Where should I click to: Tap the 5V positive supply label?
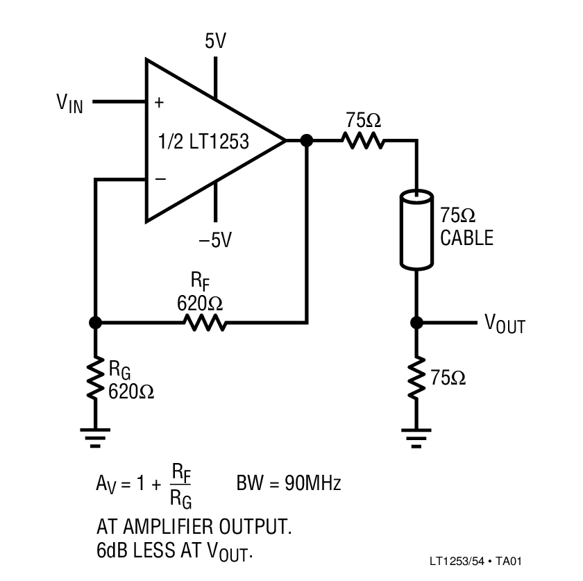coord(216,42)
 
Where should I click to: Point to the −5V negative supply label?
coord(215,240)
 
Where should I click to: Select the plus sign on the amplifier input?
coord(160,103)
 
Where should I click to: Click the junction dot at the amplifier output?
coord(307,141)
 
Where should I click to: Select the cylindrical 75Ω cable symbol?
coord(416,232)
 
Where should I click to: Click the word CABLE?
coord(467,238)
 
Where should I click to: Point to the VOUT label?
coord(505,323)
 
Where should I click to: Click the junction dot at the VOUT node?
coord(416,323)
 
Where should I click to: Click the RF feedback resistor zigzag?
coord(204,323)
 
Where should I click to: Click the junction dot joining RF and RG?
coord(95,323)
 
